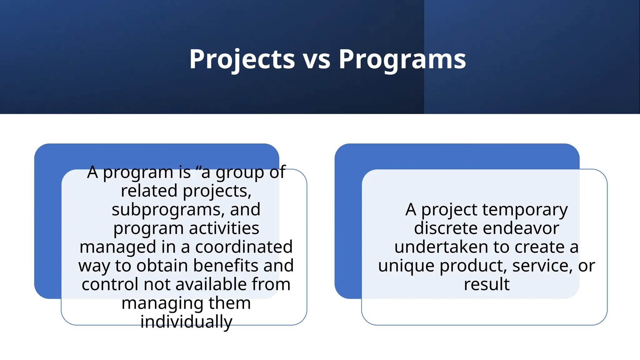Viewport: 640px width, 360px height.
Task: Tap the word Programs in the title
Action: pyautogui.click(x=402, y=59)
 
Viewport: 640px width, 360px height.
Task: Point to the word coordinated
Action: pyautogui.click(x=244, y=247)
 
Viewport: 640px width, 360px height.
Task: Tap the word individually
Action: pyautogui.click(x=186, y=322)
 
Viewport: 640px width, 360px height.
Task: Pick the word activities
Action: pyautogui.click(x=224, y=228)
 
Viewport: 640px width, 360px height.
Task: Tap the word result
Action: pyautogui.click(x=487, y=284)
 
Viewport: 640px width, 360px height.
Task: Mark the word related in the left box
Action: pyautogui.click(x=149, y=191)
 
